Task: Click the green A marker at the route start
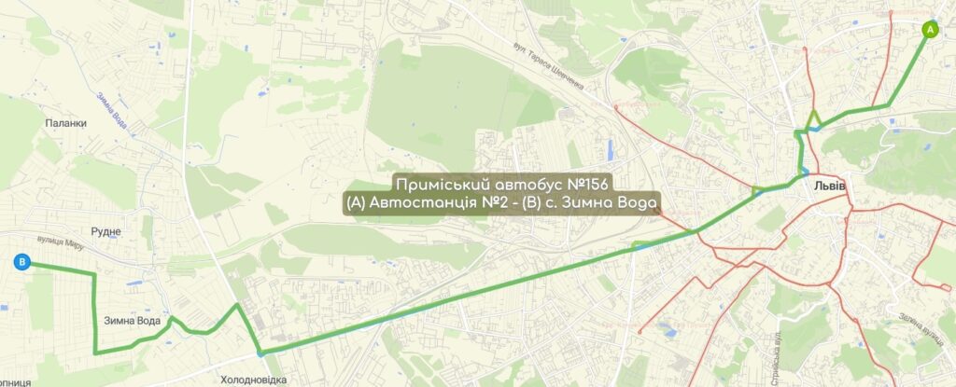pyautogui.click(x=930, y=29)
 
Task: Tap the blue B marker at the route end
pyautogui.click(x=21, y=264)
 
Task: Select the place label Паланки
pyautogui.click(x=65, y=122)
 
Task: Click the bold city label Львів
pyautogui.click(x=829, y=185)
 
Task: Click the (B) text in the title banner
pyautogui.click(x=545, y=202)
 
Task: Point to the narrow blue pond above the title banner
pyautogui.click(x=609, y=149)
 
